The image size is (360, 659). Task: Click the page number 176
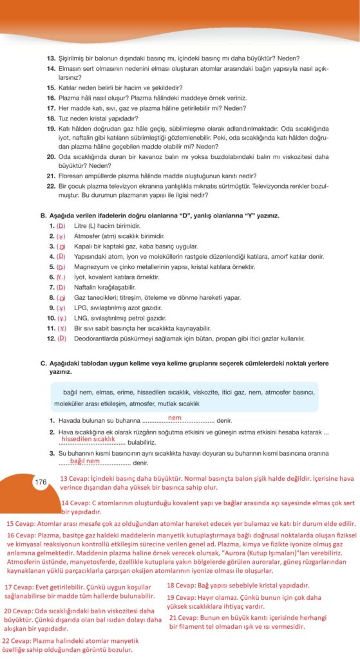click(x=41, y=482)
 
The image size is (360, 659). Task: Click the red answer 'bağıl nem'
click(x=86, y=461)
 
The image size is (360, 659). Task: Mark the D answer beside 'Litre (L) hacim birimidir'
click(x=61, y=226)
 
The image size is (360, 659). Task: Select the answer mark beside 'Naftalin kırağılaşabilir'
click(x=62, y=287)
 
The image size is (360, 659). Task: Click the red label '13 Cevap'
click(x=74, y=479)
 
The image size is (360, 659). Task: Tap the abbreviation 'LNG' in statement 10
click(x=81, y=318)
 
